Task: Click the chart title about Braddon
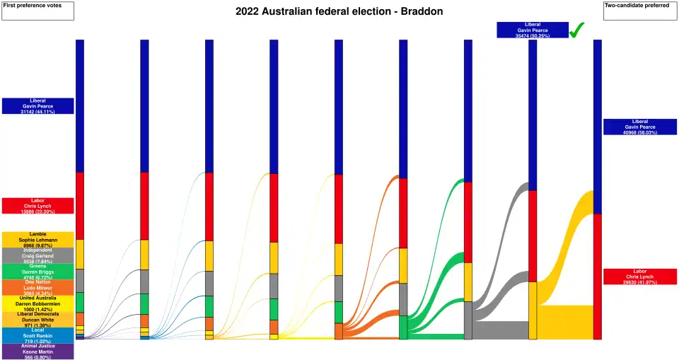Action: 339,12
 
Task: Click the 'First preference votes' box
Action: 37,11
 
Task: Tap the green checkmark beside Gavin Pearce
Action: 576,30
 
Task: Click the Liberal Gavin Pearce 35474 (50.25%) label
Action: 533,30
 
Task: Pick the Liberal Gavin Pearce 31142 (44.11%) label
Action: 37,106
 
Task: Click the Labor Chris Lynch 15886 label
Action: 37,206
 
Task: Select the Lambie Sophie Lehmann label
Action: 37,240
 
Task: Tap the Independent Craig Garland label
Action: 37,255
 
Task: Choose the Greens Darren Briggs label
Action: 37,272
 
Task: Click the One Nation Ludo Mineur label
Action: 37,287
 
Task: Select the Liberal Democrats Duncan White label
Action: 37,319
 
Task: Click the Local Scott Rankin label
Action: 37,335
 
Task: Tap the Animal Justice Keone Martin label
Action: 37,351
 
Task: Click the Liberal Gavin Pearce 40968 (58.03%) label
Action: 640,127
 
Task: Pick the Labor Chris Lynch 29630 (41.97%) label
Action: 640,277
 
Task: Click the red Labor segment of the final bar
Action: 597,276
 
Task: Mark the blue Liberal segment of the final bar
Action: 597,127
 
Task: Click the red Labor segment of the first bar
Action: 80,206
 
